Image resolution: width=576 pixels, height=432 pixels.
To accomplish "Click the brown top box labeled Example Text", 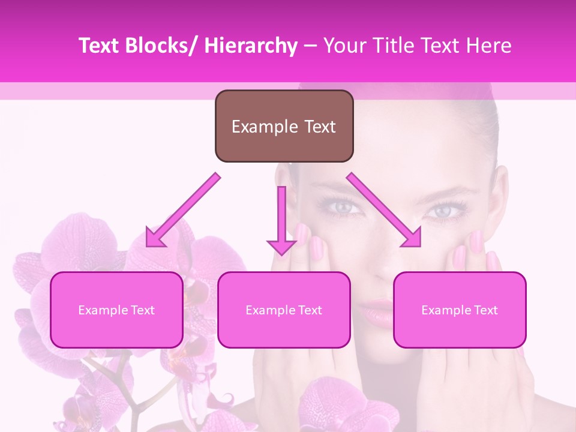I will click(284, 126).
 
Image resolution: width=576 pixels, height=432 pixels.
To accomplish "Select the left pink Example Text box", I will click(116, 310).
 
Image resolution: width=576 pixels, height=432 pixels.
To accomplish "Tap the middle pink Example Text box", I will click(284, 310).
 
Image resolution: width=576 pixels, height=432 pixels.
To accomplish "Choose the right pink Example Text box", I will click(460, 310).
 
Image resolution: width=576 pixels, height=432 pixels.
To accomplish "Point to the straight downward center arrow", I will click(281, 220).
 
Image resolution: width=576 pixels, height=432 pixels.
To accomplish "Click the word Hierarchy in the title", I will click(250, 46).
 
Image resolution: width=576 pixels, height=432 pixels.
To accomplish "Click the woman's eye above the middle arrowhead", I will click(343, 207).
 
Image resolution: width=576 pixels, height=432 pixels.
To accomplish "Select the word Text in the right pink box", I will click(485, 310).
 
